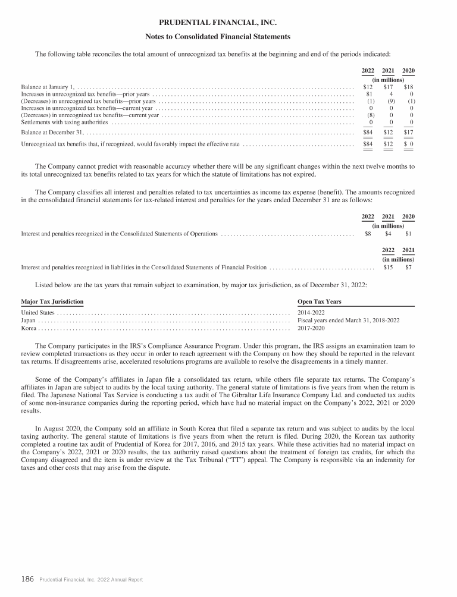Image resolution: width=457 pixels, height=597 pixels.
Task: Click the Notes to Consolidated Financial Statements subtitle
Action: point(218,37)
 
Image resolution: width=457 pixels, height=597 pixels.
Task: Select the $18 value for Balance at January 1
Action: point(408,87)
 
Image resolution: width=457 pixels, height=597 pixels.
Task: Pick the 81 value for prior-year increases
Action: point(369,94)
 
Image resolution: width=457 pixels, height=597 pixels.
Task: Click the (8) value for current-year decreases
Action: point(369,115)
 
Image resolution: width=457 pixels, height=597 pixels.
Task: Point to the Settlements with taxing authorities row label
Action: point(65,122)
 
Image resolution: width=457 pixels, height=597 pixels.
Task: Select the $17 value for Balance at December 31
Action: point(408,132)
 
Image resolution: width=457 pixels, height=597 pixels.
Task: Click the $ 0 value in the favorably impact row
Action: point(408,144)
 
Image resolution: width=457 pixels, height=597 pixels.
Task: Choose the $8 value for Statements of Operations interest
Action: point(368,234)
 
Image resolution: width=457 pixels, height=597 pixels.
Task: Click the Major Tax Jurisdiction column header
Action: point(52,301)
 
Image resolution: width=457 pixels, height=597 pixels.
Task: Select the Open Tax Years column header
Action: point(319,301)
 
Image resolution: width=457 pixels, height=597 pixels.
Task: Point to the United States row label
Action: point(38,312)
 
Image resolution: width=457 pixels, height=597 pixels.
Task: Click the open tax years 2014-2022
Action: point(311,312)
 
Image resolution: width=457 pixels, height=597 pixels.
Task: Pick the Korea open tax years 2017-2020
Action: point(311,328)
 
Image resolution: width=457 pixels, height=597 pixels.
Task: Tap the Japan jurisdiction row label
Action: point(29,320)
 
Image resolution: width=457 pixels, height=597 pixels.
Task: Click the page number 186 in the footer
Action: point(27,579)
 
